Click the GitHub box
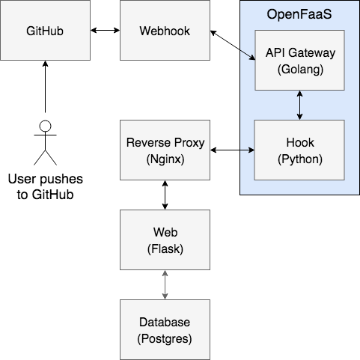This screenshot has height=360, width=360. pyautogui.click(x=45, y=30)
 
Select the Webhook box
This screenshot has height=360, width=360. pyautogui.click(x=165, y=30)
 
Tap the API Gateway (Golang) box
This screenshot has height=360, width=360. pyautogui.click(x=299, y=60)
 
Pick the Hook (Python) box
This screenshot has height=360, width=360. pyautogui.click(x=299, y=150)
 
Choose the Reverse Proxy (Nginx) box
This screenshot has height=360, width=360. pyautogui.click(x=165, y=150)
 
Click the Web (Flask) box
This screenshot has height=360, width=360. pyautogui.click(x=165, y=240)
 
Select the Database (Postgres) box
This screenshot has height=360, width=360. pyautogui.click(x=165, y=329)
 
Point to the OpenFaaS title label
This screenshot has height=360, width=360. pyautogui.click(x=299, y=14)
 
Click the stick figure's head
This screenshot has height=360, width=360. pyautogui.click(x=45, y=126)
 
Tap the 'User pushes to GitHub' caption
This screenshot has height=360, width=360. pyautogui.click(x=45, y=186)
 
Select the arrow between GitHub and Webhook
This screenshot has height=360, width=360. pyautogui.click(x=105, y=30)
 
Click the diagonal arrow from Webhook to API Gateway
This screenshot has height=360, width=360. pyautogui.click(x=233, y=45)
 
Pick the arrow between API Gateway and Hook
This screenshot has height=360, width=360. pyautogui.click(x=299, y=105)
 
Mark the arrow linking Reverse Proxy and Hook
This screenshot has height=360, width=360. pyautogui.click(x=232, y=150)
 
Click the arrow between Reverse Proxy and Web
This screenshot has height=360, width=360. pyautogui.click(x=165, y=195)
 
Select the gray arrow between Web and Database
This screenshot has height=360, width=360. pyautogui.click(x=165, y=284)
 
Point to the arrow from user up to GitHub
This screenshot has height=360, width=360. pyautogui.click(x=45, y=87)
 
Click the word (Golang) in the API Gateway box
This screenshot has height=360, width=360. pyautogui.click(x=300, y=70)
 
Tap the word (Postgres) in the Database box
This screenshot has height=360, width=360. pyautogui.click(x=165, y=339)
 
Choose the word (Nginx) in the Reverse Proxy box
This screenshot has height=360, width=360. pyautogui.click(x=165, y=159)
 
